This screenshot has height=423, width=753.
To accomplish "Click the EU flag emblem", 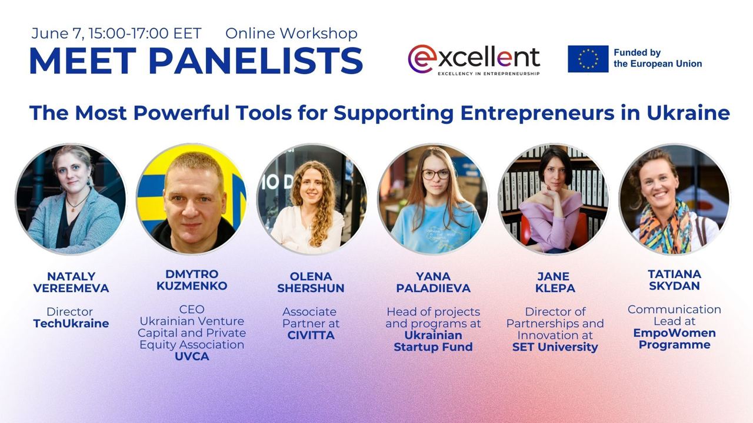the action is (x=588, y=59).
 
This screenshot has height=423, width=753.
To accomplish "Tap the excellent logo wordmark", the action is (x=474, y=59).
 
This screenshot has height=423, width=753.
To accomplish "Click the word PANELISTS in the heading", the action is (x=256, y=61).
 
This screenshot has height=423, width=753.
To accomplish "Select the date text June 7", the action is (x=57, y=33).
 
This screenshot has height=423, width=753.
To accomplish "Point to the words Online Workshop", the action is (x=291, y=33).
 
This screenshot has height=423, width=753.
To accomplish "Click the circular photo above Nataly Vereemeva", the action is (x=71, y=199).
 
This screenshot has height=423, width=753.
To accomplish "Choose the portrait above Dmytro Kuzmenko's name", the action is (x=192, y=199).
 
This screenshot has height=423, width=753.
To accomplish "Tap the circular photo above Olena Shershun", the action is (x=312, y=199).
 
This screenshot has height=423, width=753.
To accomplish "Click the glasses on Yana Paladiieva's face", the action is (x=436, y=174).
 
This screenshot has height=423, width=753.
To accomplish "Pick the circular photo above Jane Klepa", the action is (x=554, y=199).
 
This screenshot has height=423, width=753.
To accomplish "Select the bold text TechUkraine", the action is (x=71, y=323).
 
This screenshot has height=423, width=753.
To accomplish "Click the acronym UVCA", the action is (x=192, y=356).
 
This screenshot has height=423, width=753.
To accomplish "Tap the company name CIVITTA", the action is (x=311, y=335).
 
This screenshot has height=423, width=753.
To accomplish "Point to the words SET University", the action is (x=555, y=347).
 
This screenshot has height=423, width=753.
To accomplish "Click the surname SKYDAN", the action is (x=674, y=286).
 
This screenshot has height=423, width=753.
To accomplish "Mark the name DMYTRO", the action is (x=192, y=274).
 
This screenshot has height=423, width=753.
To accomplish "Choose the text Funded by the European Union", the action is (x=658, y=58).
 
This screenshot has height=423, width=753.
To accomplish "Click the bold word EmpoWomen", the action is (x=674, y=333).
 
